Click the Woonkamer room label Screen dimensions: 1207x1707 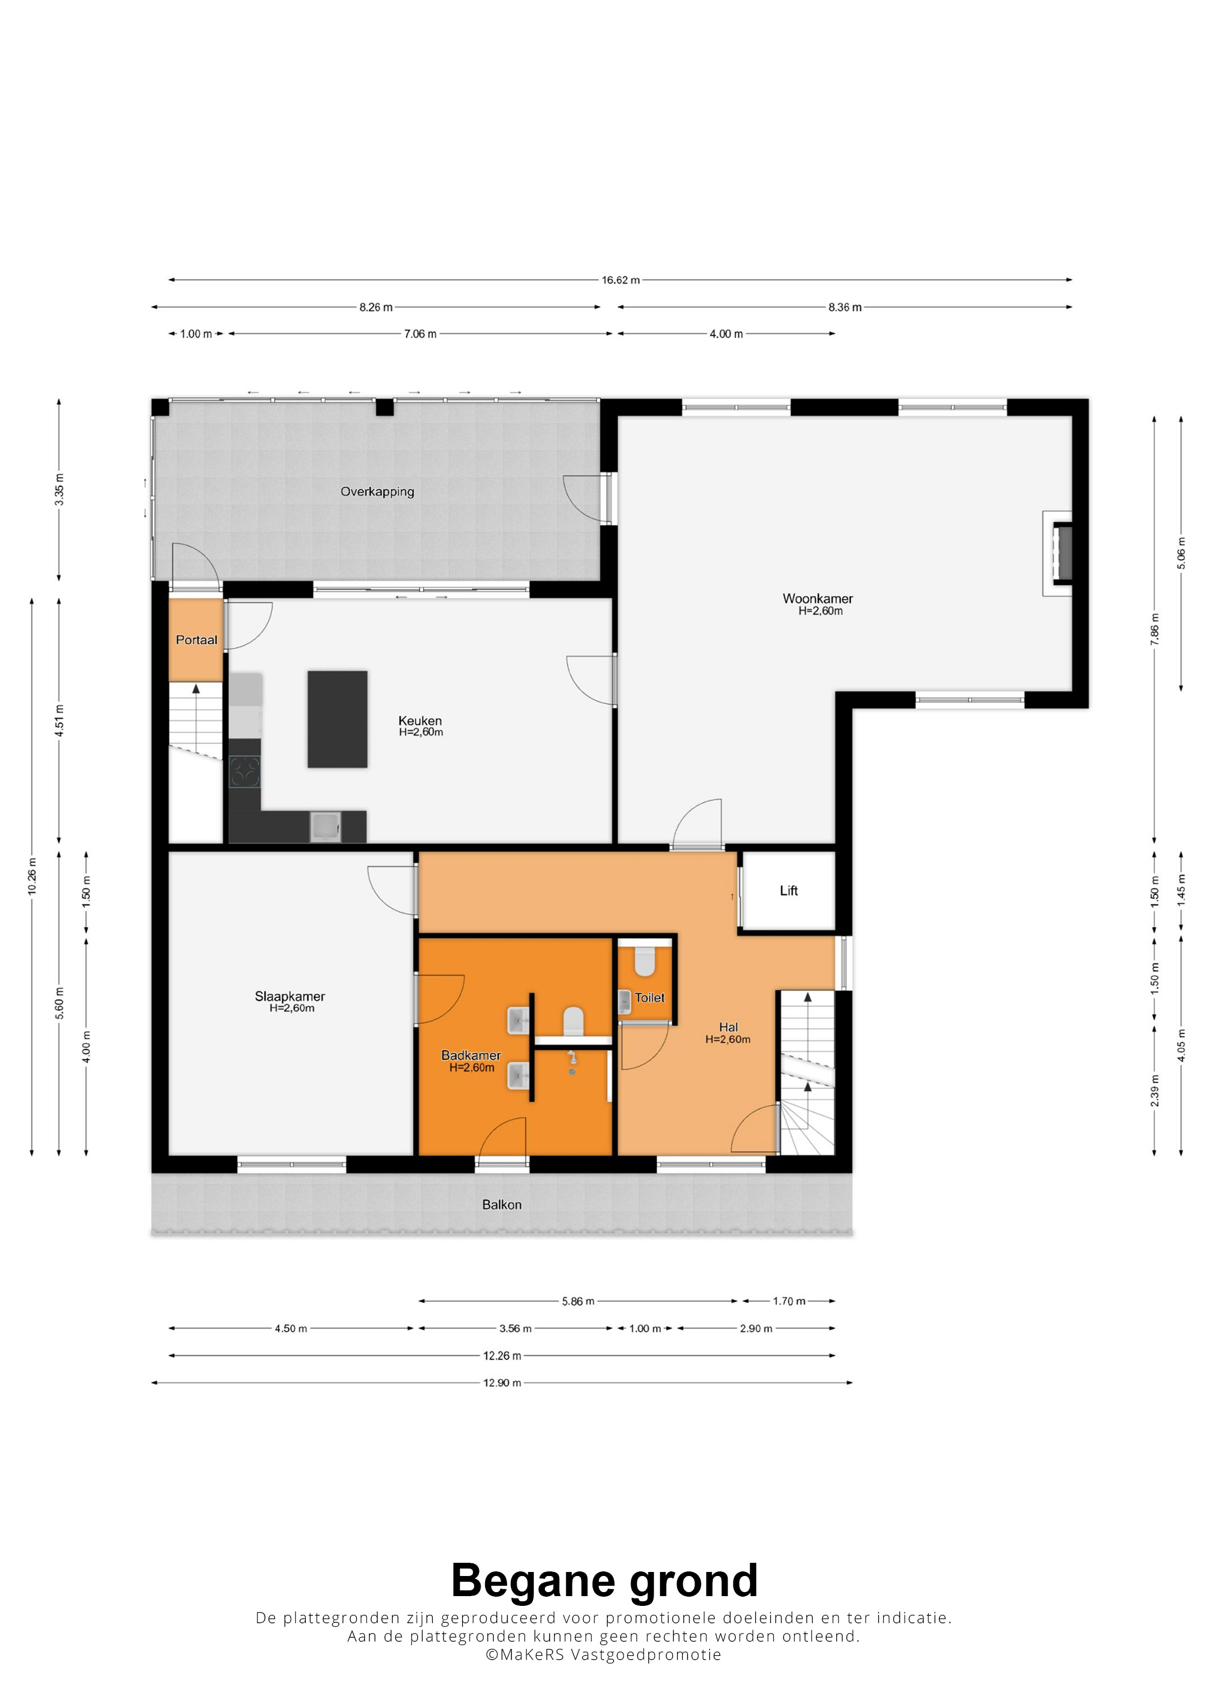[x=817, y=599]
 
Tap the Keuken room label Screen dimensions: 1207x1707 [x=420, y=720]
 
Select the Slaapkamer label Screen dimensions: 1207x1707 [x=290, y=996]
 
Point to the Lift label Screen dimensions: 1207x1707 [x=789, y=891]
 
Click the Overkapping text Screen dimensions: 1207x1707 [x=377, y=491]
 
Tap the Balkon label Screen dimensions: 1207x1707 [x=502, y=1204]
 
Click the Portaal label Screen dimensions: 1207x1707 [x=197, y=640]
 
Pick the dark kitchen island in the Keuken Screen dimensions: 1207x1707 [x=337, y=719]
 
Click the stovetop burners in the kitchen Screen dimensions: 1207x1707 [x=245, y=771]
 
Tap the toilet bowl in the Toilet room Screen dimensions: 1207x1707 [x=645, y=961]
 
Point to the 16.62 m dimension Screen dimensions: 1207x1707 [x=621, y=280]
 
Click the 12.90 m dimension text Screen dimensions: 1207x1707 [x=502, y=1383]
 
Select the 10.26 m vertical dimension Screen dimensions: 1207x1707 [x=32, y=877]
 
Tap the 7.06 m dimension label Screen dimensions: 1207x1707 [x=420, y=334]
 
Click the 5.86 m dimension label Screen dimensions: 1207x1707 [x=578, y=1301]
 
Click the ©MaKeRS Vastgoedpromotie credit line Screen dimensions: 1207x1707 [x=603, y=1655]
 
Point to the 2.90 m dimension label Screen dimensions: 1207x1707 [x=756, y=1328]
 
